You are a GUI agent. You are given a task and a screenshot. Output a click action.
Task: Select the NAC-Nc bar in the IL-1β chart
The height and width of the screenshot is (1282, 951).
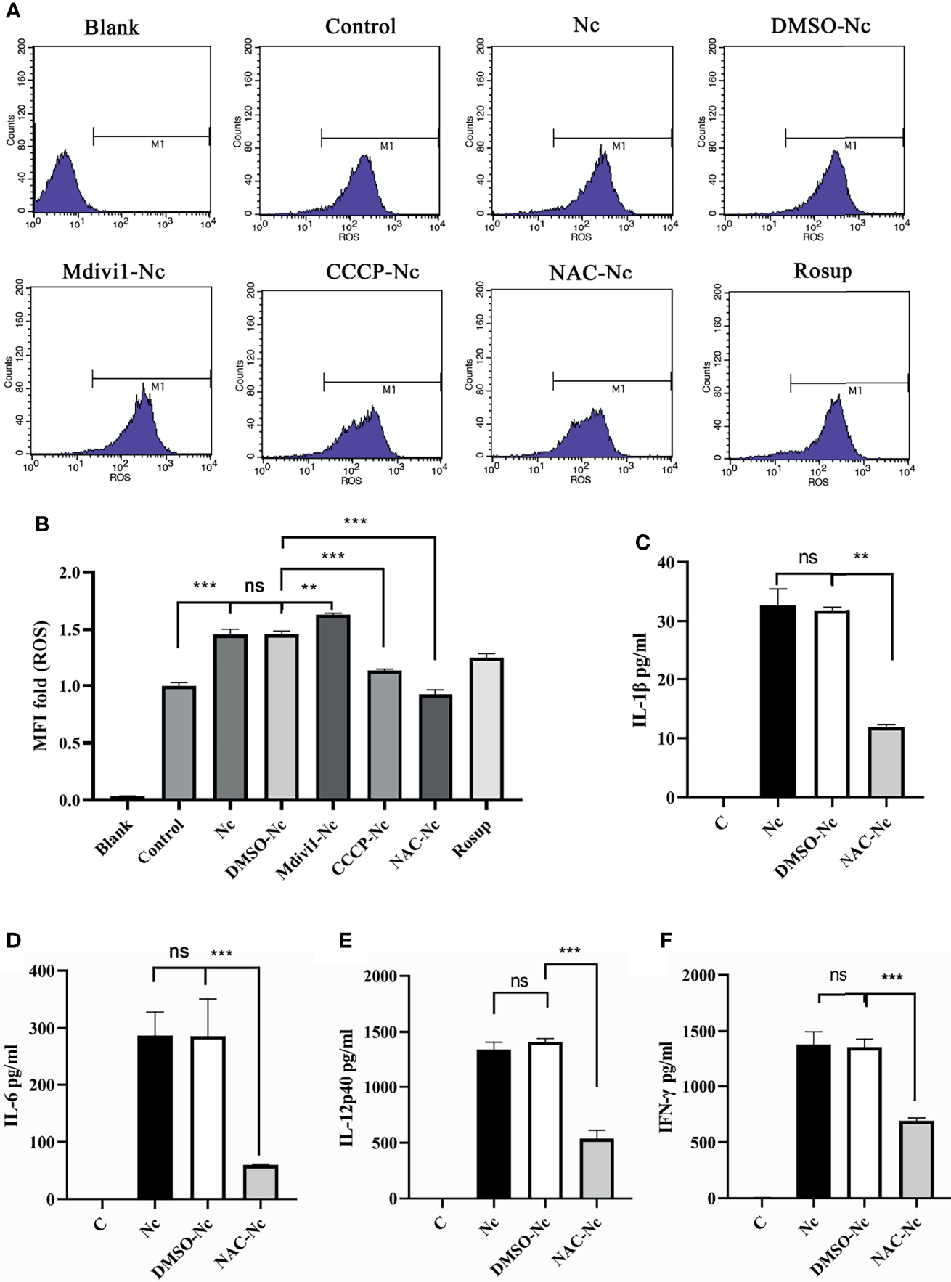tap(886, 762)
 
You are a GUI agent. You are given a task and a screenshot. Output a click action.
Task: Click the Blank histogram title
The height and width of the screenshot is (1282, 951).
tap(112, 28)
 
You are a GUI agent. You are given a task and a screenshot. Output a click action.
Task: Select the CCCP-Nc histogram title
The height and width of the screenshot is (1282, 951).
tap(372, 271)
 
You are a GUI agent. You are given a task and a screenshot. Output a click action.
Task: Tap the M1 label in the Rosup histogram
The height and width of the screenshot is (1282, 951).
tap(855, 391)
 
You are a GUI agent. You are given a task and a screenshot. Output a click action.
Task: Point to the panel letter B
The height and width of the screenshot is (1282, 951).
tap(42, 523)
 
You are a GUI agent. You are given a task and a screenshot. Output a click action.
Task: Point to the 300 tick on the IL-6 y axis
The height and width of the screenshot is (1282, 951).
tap(41, 1028)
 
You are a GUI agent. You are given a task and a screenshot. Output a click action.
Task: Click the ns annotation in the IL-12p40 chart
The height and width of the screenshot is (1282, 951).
tap(519, 981)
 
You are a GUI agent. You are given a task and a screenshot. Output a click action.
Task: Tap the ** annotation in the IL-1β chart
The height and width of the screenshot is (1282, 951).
tap(861, 557)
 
